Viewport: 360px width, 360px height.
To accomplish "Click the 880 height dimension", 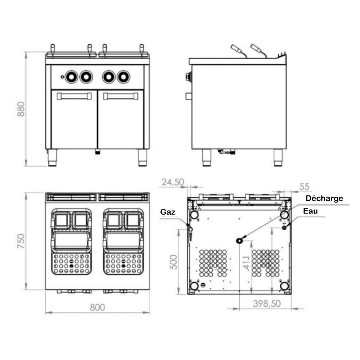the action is pyautogui.click(x=21, y=109).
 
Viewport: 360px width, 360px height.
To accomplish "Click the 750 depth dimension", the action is pyautogui.click(x=21, y=241).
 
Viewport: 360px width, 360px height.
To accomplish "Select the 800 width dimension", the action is pyautogui.click(x=97, y=307).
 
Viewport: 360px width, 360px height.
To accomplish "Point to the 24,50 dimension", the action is pyautogui.click(x=173, y=182).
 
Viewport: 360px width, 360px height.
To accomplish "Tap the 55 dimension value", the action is pyautogui.click(x=304, y=187).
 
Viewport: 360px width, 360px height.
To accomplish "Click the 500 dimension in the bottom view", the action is pyautogui.click(x=174, y=262).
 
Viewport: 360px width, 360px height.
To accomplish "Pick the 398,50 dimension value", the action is pyautogui.click(x=267, y=304).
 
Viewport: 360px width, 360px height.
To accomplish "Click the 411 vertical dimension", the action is pyautogui.click(x=246, y=263).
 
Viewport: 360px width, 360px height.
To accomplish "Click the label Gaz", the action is pyautogui.click(x=168, y=212).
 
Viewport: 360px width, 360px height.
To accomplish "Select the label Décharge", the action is pyautogui.click(x=324, y=198).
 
